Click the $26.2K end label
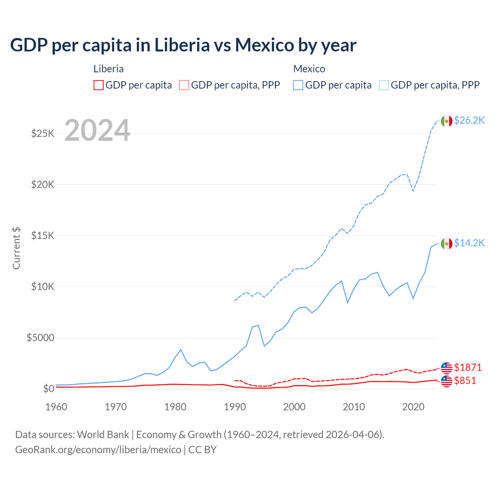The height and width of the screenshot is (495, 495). pyautogui.click(x=469, y=120)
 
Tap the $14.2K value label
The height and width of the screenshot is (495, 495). pyautogui.click(x=469, y=243)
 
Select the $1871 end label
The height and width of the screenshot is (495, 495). pyautogui.click(x=468, y=367)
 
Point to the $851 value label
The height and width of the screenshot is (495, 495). pyautogui.click(x=465, y=381)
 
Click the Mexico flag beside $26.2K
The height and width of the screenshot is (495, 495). pyautogui.click(x=447, y=121)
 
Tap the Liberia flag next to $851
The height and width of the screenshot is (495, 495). pyautogui.click(x=447, y=381)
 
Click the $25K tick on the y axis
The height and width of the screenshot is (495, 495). pyautogui.click(x=43, y=134)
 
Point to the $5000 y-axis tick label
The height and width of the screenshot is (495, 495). pyautogui.click(x=40, y=338)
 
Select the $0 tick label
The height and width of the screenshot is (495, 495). pyautogui.click(x=48, y=389)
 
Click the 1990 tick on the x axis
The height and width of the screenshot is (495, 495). pyautogui.click(x=235, y=407)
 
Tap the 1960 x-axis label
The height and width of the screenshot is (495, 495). pyautogui.click(x=56, y=407)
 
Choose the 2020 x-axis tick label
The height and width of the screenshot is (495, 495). pyautogui.click(x=413, y=407)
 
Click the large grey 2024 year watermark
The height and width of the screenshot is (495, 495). pyautogui.click(x=97, y=130)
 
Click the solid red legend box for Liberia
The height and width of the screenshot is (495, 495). pyautogui.click(x=99, y=85)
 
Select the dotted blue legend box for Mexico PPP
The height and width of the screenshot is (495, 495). pyautogui.click(x=384, y=85)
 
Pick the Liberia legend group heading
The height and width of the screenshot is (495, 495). pyautogui.click(x=109, y=69)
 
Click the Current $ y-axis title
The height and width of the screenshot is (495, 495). pyautogui.click(x=16, y=248)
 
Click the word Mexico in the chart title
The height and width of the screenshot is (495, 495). pyautogui.click(x=264, y=45)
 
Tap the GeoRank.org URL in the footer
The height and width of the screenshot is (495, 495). pyautogui.click(x=98, y=450)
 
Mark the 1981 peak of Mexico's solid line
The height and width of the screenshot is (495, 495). pyautogui.click(x=181, y=350)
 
